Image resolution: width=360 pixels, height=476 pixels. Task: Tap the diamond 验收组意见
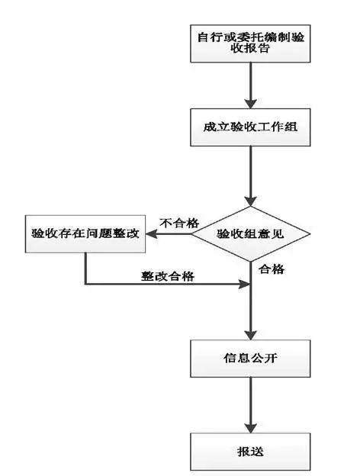[x=251, y=234]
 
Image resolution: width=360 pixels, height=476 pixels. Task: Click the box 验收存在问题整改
[x=85, y=234]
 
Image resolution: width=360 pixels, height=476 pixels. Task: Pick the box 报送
[x=250, y=451]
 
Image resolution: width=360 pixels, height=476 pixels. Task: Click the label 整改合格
[x=167, y=276]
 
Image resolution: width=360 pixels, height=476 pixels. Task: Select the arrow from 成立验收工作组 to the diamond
[x=250, y=175]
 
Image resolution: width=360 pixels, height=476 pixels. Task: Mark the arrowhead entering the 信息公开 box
[x=250, y=333]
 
